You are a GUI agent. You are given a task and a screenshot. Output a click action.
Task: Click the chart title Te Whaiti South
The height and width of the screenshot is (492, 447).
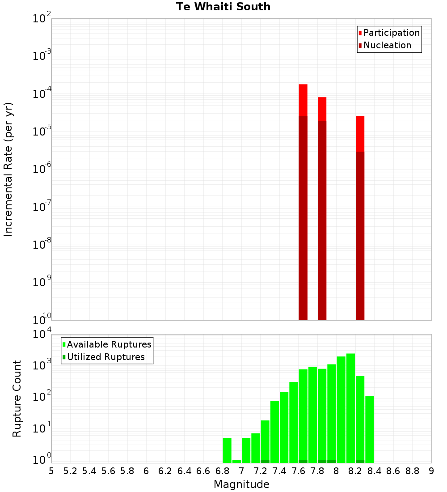223,7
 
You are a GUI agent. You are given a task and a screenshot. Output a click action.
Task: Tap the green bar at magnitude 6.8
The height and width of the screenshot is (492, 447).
227,450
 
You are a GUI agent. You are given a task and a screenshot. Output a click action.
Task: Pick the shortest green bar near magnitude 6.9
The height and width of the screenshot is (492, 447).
236,461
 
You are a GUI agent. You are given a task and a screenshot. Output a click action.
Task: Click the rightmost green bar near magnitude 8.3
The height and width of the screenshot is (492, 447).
370,429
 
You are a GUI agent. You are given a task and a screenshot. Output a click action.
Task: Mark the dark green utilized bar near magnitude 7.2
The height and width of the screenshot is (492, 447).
265,461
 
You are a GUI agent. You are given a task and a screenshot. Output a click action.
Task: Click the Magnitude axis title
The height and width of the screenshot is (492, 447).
241,484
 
